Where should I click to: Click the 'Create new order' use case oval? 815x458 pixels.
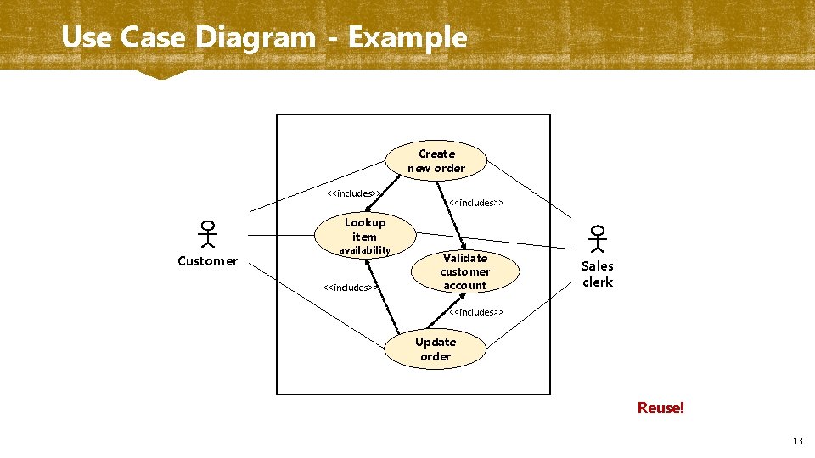point(436,161)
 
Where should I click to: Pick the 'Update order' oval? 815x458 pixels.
point(436,349)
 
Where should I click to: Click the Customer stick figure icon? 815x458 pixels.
point(207,234)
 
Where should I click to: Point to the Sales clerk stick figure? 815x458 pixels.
point(598,238)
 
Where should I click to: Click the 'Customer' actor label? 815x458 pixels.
point(207,261)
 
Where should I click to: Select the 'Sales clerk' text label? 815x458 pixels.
point(597,274)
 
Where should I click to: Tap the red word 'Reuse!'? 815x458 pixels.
point(660,408)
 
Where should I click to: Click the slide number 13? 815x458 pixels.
point(797,441)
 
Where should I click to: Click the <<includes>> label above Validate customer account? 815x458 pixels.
point(475,203)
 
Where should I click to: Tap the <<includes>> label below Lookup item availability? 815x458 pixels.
point(350,288)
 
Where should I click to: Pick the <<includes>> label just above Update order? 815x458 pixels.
point(475,312)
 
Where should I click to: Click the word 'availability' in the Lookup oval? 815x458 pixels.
point(365,250)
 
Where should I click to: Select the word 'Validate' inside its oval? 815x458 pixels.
point(465,258)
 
